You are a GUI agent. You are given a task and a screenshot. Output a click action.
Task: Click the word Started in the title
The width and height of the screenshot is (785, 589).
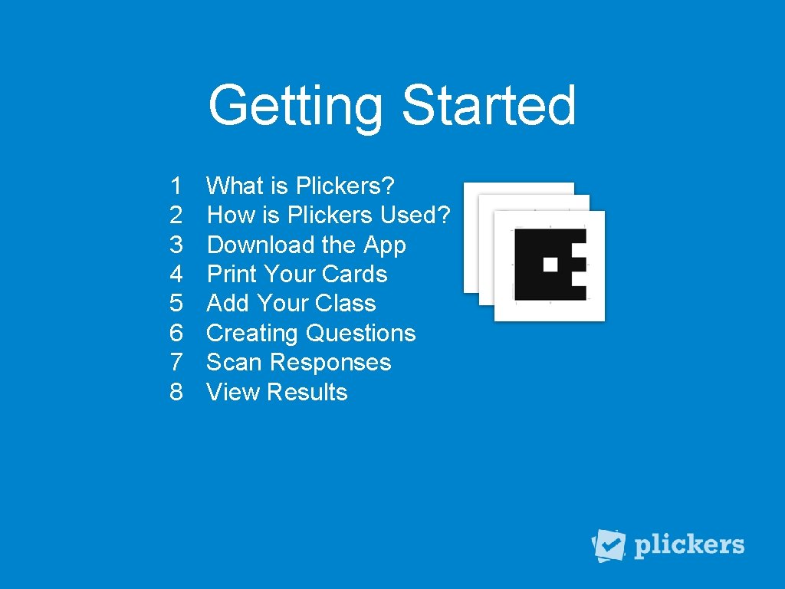pos(488,105)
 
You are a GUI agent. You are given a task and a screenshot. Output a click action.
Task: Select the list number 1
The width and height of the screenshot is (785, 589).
pos(176,186)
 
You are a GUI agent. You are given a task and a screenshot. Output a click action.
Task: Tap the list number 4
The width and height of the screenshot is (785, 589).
pos(176,274)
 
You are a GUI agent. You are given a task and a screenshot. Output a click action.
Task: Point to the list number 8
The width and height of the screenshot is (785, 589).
pos(176,392)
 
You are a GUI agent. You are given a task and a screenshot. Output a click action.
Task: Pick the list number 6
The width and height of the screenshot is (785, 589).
pos(176,333)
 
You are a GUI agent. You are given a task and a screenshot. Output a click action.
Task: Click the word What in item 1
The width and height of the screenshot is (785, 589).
pos(235,186)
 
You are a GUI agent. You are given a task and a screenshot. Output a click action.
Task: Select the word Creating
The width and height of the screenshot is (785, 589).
pos(252,334)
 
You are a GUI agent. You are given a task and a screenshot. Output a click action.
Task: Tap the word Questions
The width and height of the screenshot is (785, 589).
pos(360,334)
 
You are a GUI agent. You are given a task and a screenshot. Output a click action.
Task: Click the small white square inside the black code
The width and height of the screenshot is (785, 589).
pos(550,265)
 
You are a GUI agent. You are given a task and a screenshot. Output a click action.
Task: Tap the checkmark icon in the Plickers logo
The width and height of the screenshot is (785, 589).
pos(610,545)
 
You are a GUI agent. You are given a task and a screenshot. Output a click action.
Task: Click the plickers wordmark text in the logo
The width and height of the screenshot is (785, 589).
pos(689,545)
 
